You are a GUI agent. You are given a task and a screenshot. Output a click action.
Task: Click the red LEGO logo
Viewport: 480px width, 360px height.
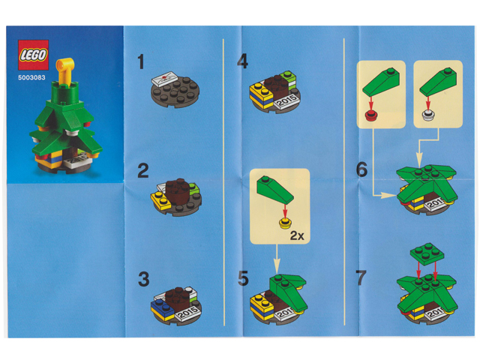pos(33,55)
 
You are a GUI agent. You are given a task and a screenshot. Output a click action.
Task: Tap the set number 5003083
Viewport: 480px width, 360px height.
pos(31,78)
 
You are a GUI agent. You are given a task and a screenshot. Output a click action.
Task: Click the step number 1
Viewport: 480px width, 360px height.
pos(141,61)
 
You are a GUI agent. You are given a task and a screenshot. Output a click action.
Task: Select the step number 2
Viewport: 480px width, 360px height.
pos(143,171)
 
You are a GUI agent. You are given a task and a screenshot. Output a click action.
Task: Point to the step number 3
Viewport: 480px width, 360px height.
pos(143,279)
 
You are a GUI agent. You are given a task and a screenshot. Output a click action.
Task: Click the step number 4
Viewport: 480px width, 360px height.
pos(242,61)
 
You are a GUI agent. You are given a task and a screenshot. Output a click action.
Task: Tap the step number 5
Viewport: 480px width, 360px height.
pos(243,278)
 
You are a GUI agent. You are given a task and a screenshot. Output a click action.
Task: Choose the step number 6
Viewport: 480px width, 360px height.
pos(361,169)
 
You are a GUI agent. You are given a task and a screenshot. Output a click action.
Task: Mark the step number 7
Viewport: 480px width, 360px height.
pos(361,277)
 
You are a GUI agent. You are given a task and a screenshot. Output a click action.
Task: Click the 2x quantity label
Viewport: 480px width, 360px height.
pos(297,235)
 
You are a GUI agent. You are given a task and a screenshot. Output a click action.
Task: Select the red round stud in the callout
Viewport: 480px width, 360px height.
pos(371,115)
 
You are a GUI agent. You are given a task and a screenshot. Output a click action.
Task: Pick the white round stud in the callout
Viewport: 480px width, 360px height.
pos(428,115)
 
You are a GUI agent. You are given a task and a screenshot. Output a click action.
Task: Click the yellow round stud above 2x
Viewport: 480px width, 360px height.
pos(285,223)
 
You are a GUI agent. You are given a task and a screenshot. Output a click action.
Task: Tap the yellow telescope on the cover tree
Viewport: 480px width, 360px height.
pos(65,70)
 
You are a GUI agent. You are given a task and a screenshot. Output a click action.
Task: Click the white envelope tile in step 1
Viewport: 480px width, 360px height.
pos(165,79)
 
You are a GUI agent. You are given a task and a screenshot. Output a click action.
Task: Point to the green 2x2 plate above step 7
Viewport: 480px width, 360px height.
pos(427,253)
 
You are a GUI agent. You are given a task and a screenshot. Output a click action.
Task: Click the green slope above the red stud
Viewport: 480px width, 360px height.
pos(381,82)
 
